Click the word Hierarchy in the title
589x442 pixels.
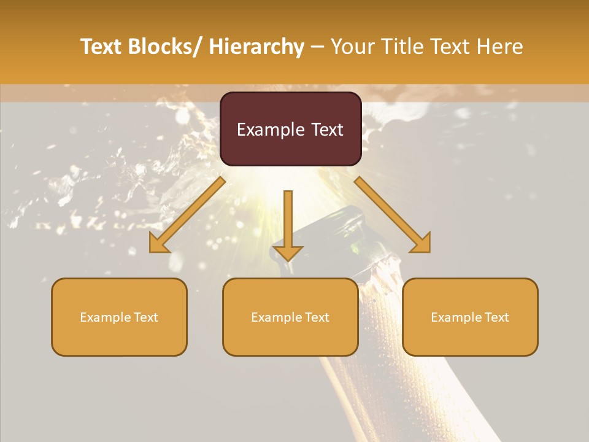[x=256, y=47]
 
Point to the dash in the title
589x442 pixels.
[x=317, y=47]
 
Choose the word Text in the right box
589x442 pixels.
[x=496, y=317]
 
